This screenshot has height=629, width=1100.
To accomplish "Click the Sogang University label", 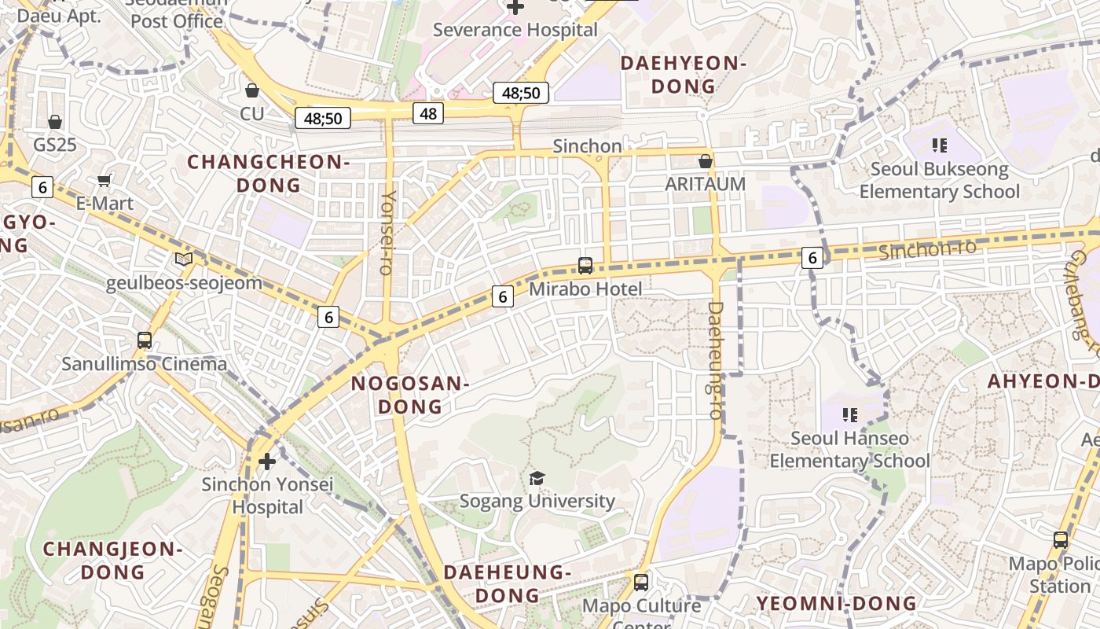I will tap(537, 501).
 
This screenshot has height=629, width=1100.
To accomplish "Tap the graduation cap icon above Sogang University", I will tap(537, 478).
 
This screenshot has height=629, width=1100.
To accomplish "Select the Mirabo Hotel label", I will tap(585, 289).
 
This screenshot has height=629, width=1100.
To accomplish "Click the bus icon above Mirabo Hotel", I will tap(585, 266).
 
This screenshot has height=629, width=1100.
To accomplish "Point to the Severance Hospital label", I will tap(515, 30).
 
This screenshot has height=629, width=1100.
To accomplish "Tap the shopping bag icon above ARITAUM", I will tap(706, 161).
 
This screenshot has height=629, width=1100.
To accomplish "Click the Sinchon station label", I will tap(587, 146).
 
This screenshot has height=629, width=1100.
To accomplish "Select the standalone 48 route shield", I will tap(428, 113).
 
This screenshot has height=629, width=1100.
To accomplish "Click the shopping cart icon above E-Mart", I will tap(104, 181).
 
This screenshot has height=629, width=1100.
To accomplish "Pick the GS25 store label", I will tap(55, 145).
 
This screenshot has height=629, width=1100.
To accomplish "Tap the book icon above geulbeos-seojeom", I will tap(184, 259).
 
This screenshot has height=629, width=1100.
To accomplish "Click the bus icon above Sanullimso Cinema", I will tap(145, 340).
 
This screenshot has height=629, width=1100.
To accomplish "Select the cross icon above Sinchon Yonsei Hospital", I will tap(267, 461).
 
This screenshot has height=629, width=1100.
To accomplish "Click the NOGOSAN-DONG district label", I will tap(410, 395).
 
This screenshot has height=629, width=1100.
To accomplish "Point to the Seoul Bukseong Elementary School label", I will tap(939, 180).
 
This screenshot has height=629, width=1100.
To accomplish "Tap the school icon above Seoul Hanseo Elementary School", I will tap(849, 414).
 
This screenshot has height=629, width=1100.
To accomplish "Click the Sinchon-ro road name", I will tap(927, 249).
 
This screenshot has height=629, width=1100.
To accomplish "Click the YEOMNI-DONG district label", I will tap(836, 603).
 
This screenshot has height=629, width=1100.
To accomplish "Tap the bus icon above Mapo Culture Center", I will tap(641, 583).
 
